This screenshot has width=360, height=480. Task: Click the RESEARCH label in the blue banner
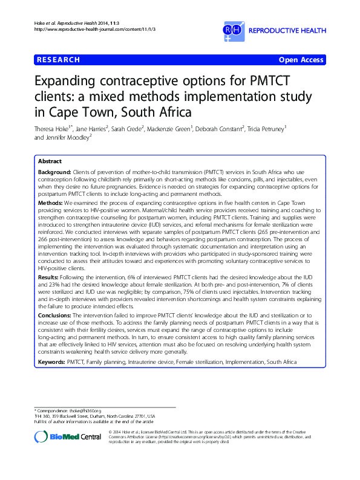58,60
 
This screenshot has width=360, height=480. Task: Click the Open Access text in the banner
301,60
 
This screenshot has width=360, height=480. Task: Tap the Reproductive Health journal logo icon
232,30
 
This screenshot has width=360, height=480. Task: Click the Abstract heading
49,162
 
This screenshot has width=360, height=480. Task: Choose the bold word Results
49,276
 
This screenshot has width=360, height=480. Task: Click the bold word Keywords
52,362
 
